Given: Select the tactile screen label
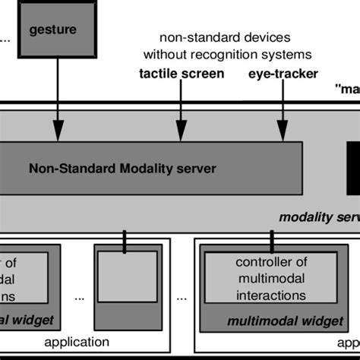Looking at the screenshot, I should pos(182,74).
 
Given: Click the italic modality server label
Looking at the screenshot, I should pos(318,216).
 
